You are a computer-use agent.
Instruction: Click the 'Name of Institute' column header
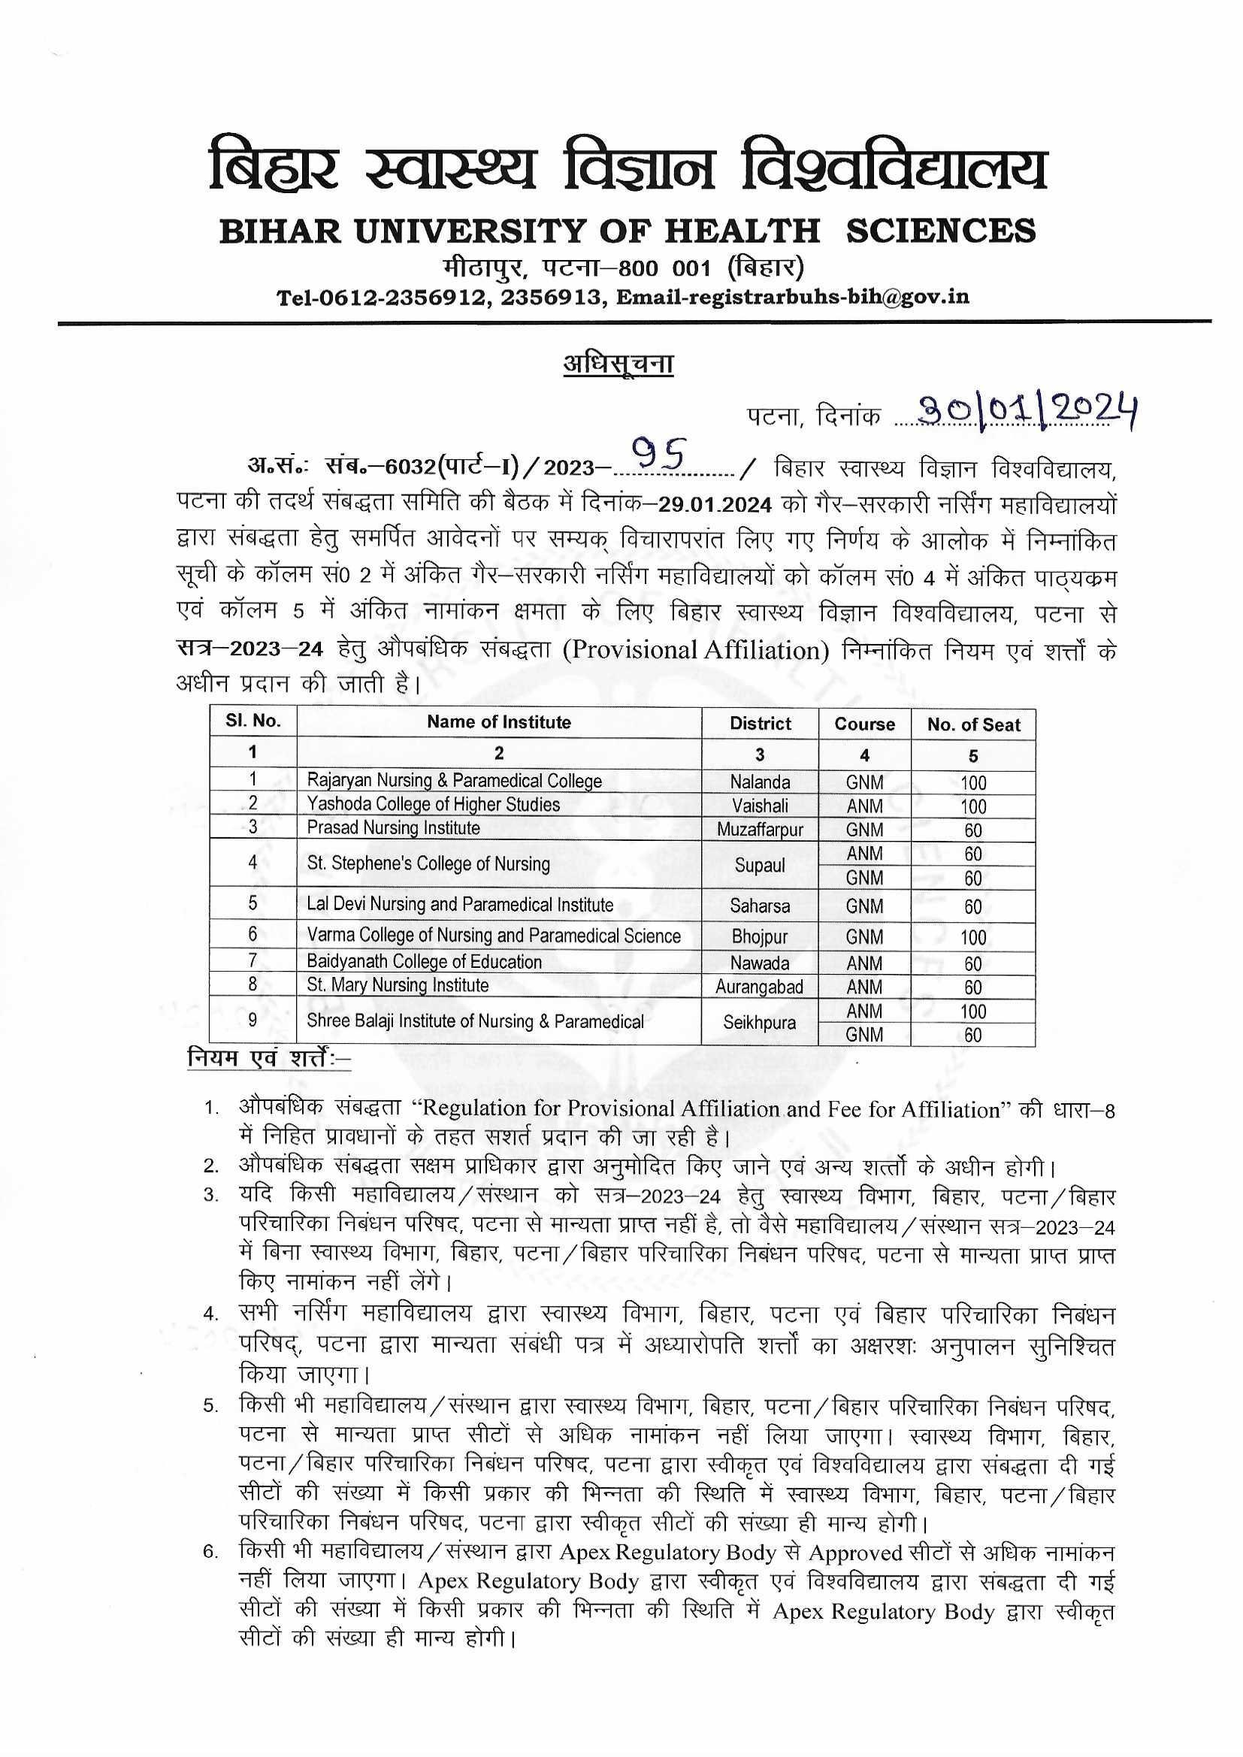[498, 722]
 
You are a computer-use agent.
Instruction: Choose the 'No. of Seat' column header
[972, 724]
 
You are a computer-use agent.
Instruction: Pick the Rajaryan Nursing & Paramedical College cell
[455, 782]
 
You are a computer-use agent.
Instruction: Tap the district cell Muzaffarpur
[759, 830]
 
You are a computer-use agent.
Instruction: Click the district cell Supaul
[759, 866]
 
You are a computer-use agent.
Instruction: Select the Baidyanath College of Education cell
[424, 962]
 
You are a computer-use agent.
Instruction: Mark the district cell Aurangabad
[759, 987]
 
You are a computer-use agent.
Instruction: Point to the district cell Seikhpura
[759, 1023]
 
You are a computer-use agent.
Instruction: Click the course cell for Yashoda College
[864, 806]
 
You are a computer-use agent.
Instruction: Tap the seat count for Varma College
[972, 937]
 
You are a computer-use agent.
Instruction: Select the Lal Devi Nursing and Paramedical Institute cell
[460, 906]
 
